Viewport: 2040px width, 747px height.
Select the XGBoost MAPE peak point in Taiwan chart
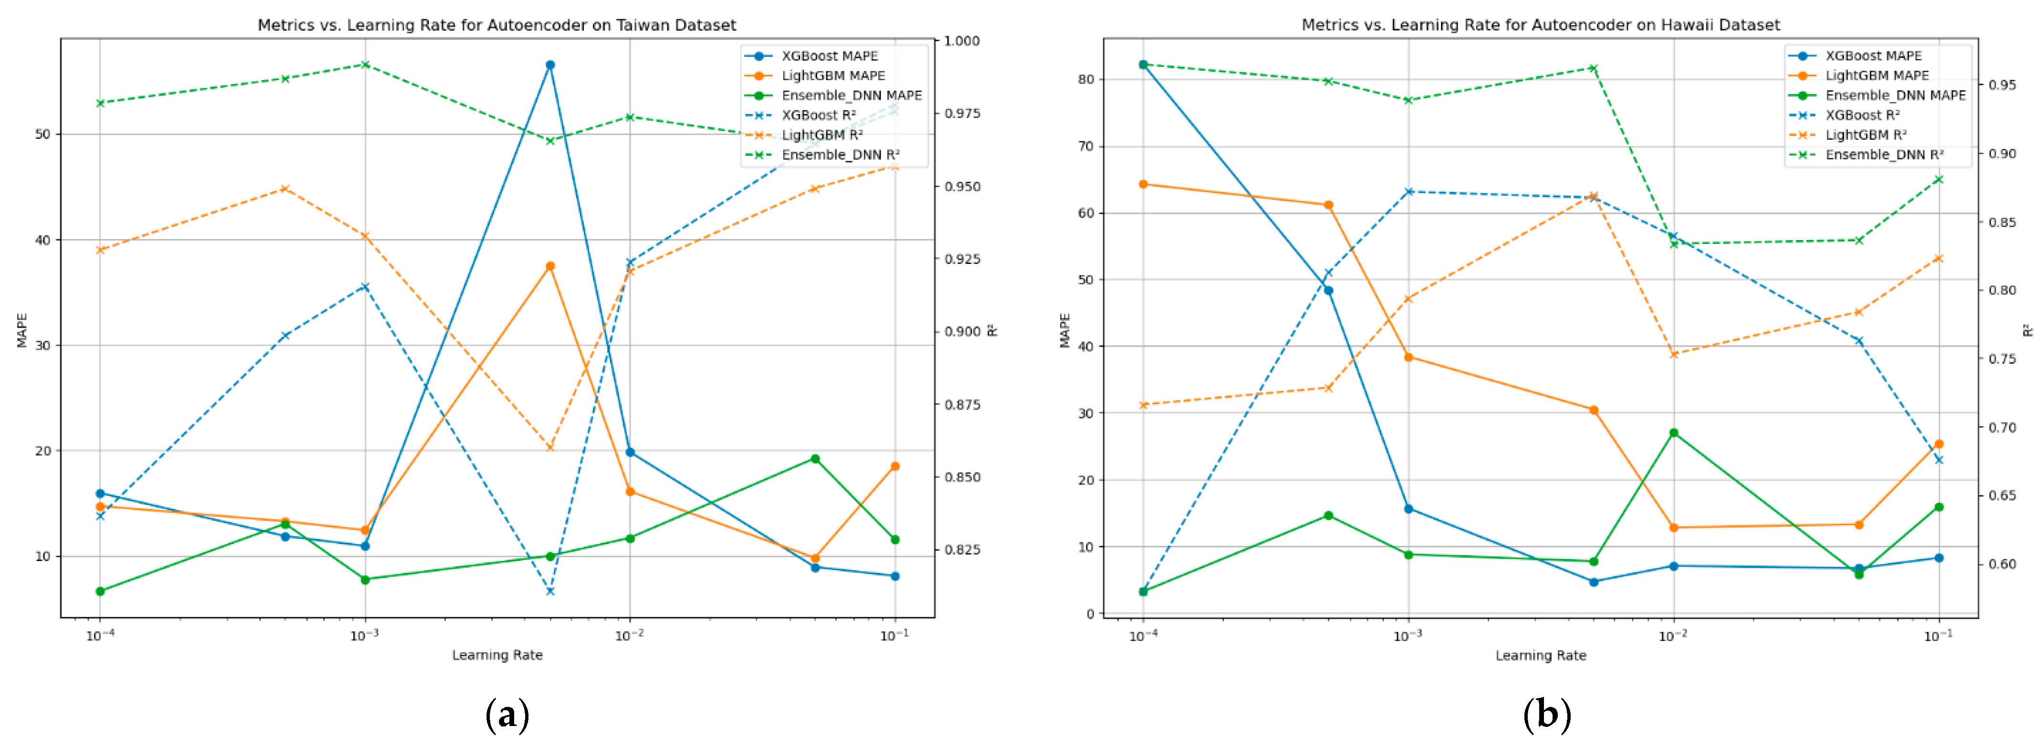550,65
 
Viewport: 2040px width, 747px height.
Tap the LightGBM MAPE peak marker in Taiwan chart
550,266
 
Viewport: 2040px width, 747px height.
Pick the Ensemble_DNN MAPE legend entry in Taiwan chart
851,95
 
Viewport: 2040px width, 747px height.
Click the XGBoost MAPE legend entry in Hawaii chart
1873,55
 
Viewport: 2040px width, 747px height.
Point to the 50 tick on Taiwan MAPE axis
42,134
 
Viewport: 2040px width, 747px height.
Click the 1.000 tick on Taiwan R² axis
962,41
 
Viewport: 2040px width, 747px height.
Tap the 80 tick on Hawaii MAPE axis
1085,79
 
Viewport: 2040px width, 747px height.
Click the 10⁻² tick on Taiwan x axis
630,635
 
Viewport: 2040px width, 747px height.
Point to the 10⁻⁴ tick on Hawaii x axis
1143,635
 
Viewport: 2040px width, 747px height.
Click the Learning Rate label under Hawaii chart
1540,655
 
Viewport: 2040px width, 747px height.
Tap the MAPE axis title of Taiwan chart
22,329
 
